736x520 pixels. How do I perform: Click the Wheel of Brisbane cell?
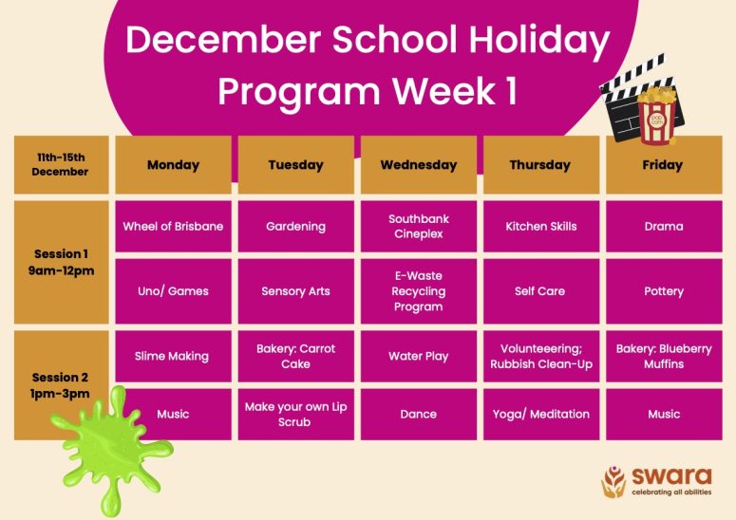pyautogui.click(x=173, y=227)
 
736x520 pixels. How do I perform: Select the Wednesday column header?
pyautogui.click(x=419, y=164)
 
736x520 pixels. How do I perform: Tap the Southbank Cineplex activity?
pyautogui.click(x=419, y=227)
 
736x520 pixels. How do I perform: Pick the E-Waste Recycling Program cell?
pyautogui.click(x=419, y=291)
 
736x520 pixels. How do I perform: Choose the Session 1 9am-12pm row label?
pyautogui.click(x=62, y=262)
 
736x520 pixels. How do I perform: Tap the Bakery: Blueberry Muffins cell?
pyautogui.click(x=664, y=357)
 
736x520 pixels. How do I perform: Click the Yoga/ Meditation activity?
pyautogui.click(x=541, y=414)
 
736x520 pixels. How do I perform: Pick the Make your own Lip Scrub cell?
pyautogui.click(x=295, y=414)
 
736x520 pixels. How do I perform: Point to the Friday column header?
pyautogui.click(x=664, y=164)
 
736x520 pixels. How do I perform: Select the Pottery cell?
pyautogui.click(x=664, y=291)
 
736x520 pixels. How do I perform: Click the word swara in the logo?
pyautogui.click(x=671, y=476)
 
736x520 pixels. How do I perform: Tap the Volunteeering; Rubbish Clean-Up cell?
pyautogui.click(x=541, y=357)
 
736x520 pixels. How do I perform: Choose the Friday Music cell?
pyautogui.click(x=664, y=414)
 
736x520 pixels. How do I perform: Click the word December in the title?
pyautogui.click(x=223, y=39)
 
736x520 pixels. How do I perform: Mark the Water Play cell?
pyautogui.click(x=419, y=357)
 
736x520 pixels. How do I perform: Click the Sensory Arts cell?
pyautogui.click(x=295, y=291)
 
